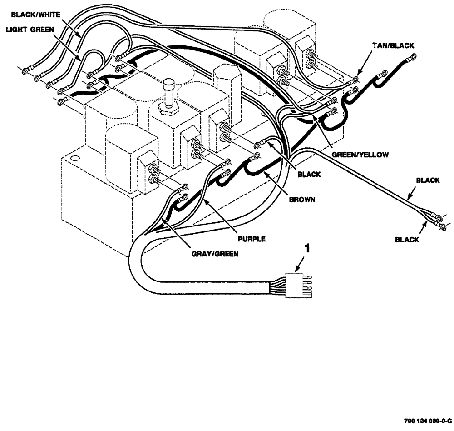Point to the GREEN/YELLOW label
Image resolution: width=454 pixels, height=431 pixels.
pyautogui.click(x=360, y=155)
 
